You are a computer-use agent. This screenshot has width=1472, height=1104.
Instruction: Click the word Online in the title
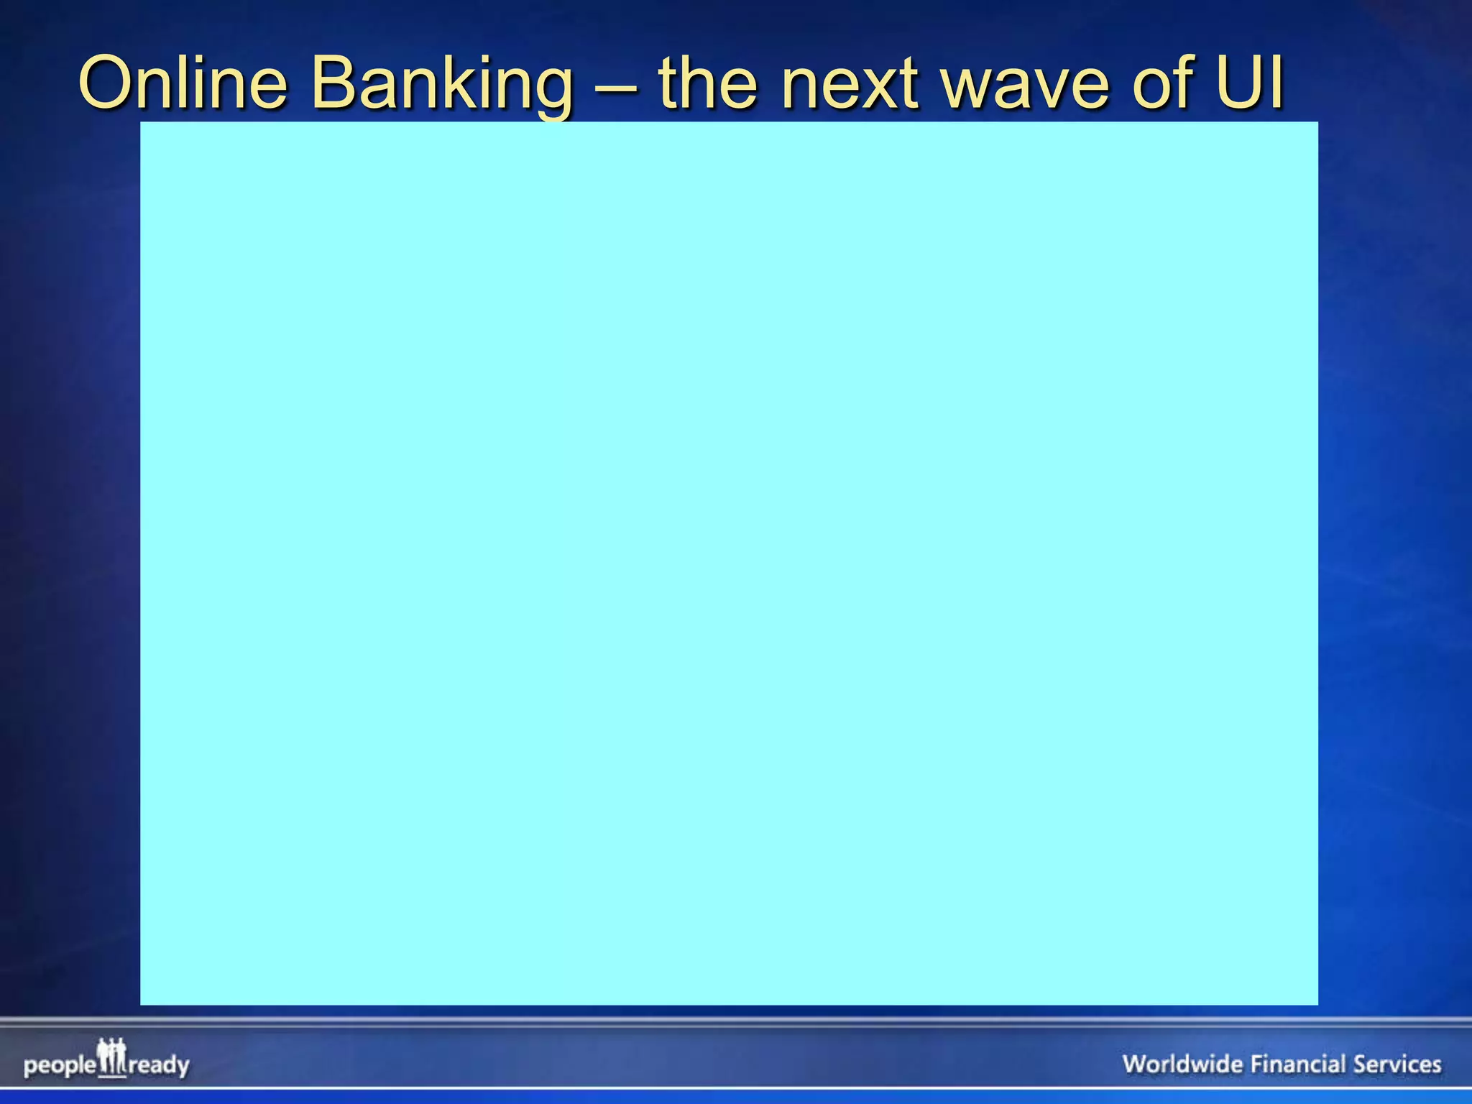(x=183, y=84)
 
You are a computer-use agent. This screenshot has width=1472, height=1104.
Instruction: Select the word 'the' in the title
(x=708, y=84)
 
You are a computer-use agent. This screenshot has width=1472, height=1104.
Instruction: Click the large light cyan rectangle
(x=729, y=563)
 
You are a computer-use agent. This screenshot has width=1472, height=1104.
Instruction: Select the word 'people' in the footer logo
(x=60, y=1065)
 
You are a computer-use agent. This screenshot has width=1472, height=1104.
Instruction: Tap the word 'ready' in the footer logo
(x=159, y=1065)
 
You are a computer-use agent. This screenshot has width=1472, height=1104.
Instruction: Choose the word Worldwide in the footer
(x=1182, y=1064)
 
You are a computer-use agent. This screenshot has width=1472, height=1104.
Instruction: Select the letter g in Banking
(x=550, y=93)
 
